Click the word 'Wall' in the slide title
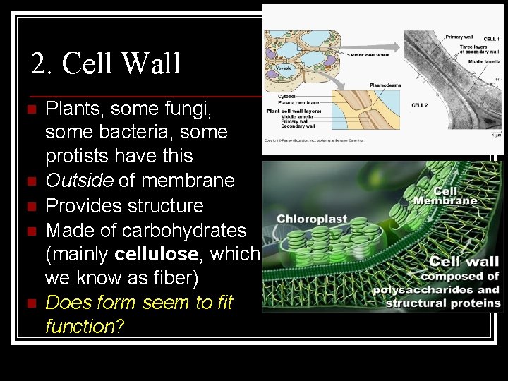point(151,64)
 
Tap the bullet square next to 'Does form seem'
point(29,303)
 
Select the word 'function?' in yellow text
point(80,327)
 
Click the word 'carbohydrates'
point(184,230)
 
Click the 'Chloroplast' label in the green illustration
point(312,219)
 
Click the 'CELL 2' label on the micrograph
point(421,105)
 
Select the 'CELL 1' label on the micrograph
point(491,38)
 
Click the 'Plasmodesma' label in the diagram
point(385,85)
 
